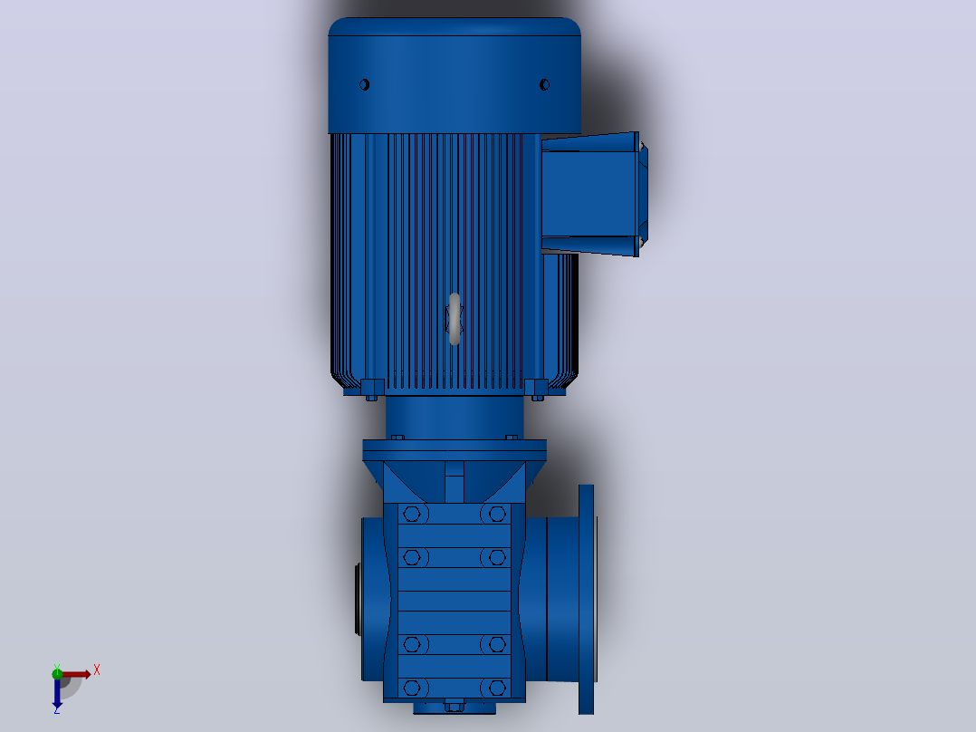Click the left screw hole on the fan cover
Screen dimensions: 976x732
click(x=365, y=84)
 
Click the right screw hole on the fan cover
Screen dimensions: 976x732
click(x=545, y=84)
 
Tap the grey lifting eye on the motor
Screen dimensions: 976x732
click(x=455, y=318)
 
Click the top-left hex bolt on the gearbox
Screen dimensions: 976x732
click(x=412, y=514)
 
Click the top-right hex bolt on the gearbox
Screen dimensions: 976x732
click(x=497, y=514)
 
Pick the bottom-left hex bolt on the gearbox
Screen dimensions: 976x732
click(x=412, y=688)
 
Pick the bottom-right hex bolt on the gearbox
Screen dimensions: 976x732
click(x=497, y=688)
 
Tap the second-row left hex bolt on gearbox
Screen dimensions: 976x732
click(x=412, y=557)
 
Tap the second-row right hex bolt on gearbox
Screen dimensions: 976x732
click(x=497, y=557)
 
